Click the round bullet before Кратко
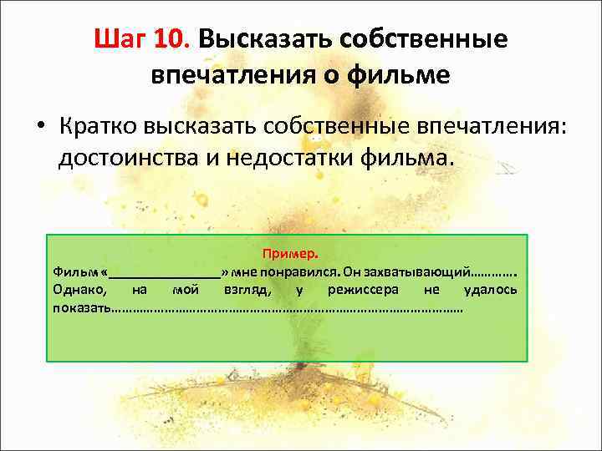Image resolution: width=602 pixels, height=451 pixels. coord(39,124)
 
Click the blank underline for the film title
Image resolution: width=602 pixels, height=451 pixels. coord(165,273)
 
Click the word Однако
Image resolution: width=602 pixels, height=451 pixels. coord(79,290)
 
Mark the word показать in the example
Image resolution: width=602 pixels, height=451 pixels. coord(81,307)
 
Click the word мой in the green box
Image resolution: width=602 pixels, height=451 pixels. coord(184,290)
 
